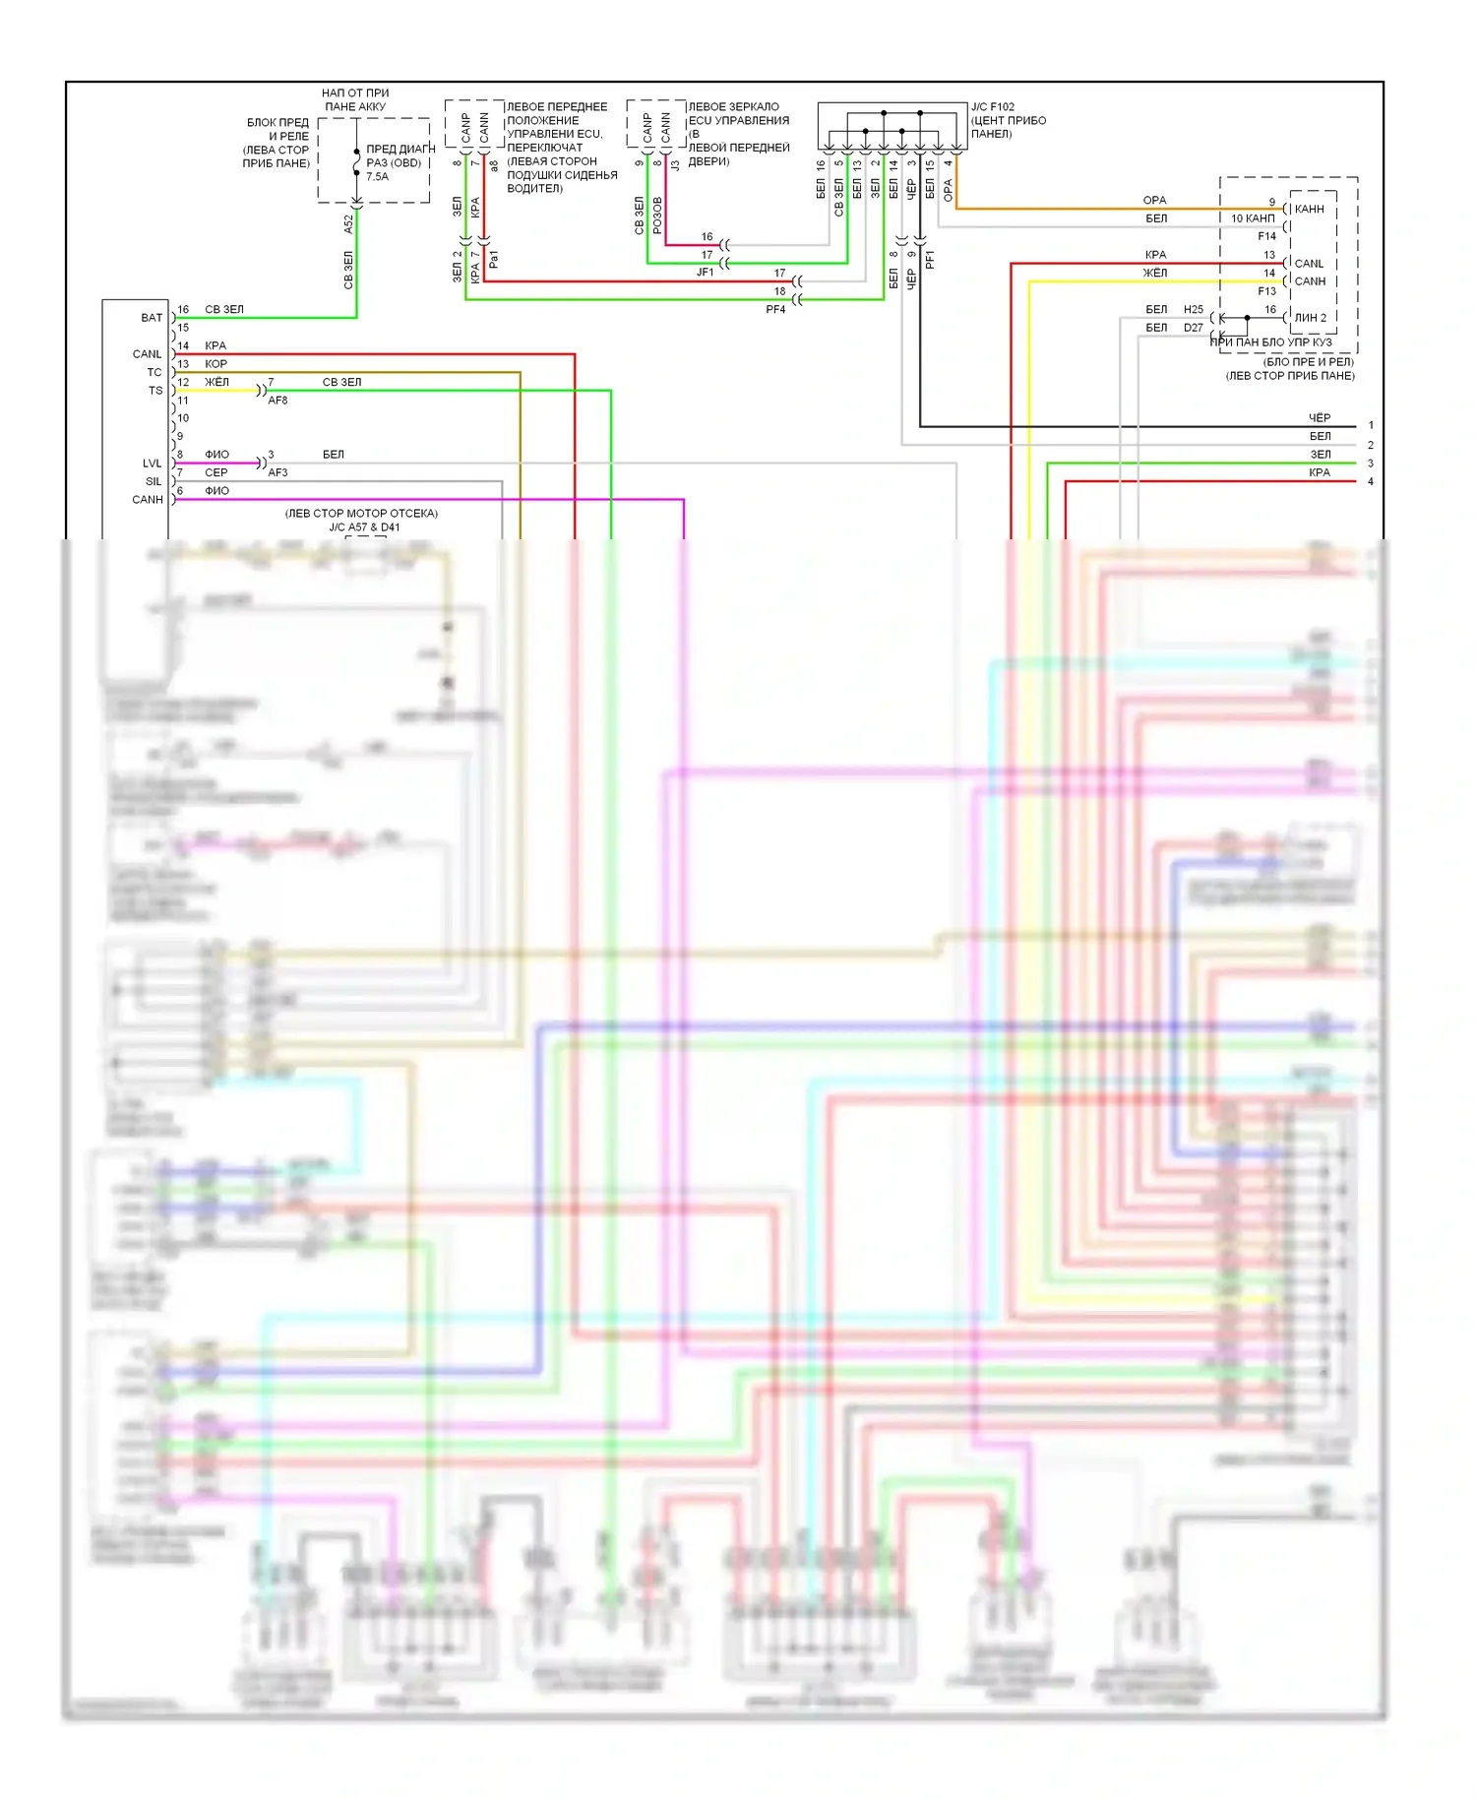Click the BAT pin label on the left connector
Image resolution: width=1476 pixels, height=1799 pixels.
click(x=151, y=318)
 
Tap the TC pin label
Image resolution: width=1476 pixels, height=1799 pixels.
click(x=154, y=372)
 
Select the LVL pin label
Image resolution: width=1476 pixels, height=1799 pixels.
click(x=152, y=464)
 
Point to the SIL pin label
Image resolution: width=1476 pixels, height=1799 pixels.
click(x=154, y=481)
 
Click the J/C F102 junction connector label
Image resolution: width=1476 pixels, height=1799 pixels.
click(x=993, y=107)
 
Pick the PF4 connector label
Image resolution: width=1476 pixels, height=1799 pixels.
click(x=775, y=309)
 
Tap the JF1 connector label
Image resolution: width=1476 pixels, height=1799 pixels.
click(x=705, y=272)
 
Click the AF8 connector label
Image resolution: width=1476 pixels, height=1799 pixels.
click(x=277, y=401)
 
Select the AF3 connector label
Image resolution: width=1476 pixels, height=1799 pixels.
click(x=277, y=472)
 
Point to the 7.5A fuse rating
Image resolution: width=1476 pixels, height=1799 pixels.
click(x=377, y=177)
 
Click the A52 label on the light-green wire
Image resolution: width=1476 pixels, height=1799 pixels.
click(x=348, y=224)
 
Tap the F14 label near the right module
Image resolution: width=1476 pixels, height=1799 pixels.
click(x=1266, y=236)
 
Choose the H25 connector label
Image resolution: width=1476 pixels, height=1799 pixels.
click(x=1194, y=309)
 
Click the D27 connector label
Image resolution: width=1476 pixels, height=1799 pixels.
click(x=1194, y=328)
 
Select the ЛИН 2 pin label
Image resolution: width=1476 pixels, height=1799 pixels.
click(x=1310, y=318)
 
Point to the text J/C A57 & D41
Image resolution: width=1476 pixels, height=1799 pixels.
click(x=364, y=527)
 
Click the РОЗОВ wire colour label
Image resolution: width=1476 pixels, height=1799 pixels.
click(x=657, y=216)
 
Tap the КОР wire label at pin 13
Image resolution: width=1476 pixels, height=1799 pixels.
click(x=215, y=364)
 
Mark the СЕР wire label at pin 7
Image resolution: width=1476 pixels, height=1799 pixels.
click(x=215, y=472)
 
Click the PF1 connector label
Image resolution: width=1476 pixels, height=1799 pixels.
click(x=930, y=260)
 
